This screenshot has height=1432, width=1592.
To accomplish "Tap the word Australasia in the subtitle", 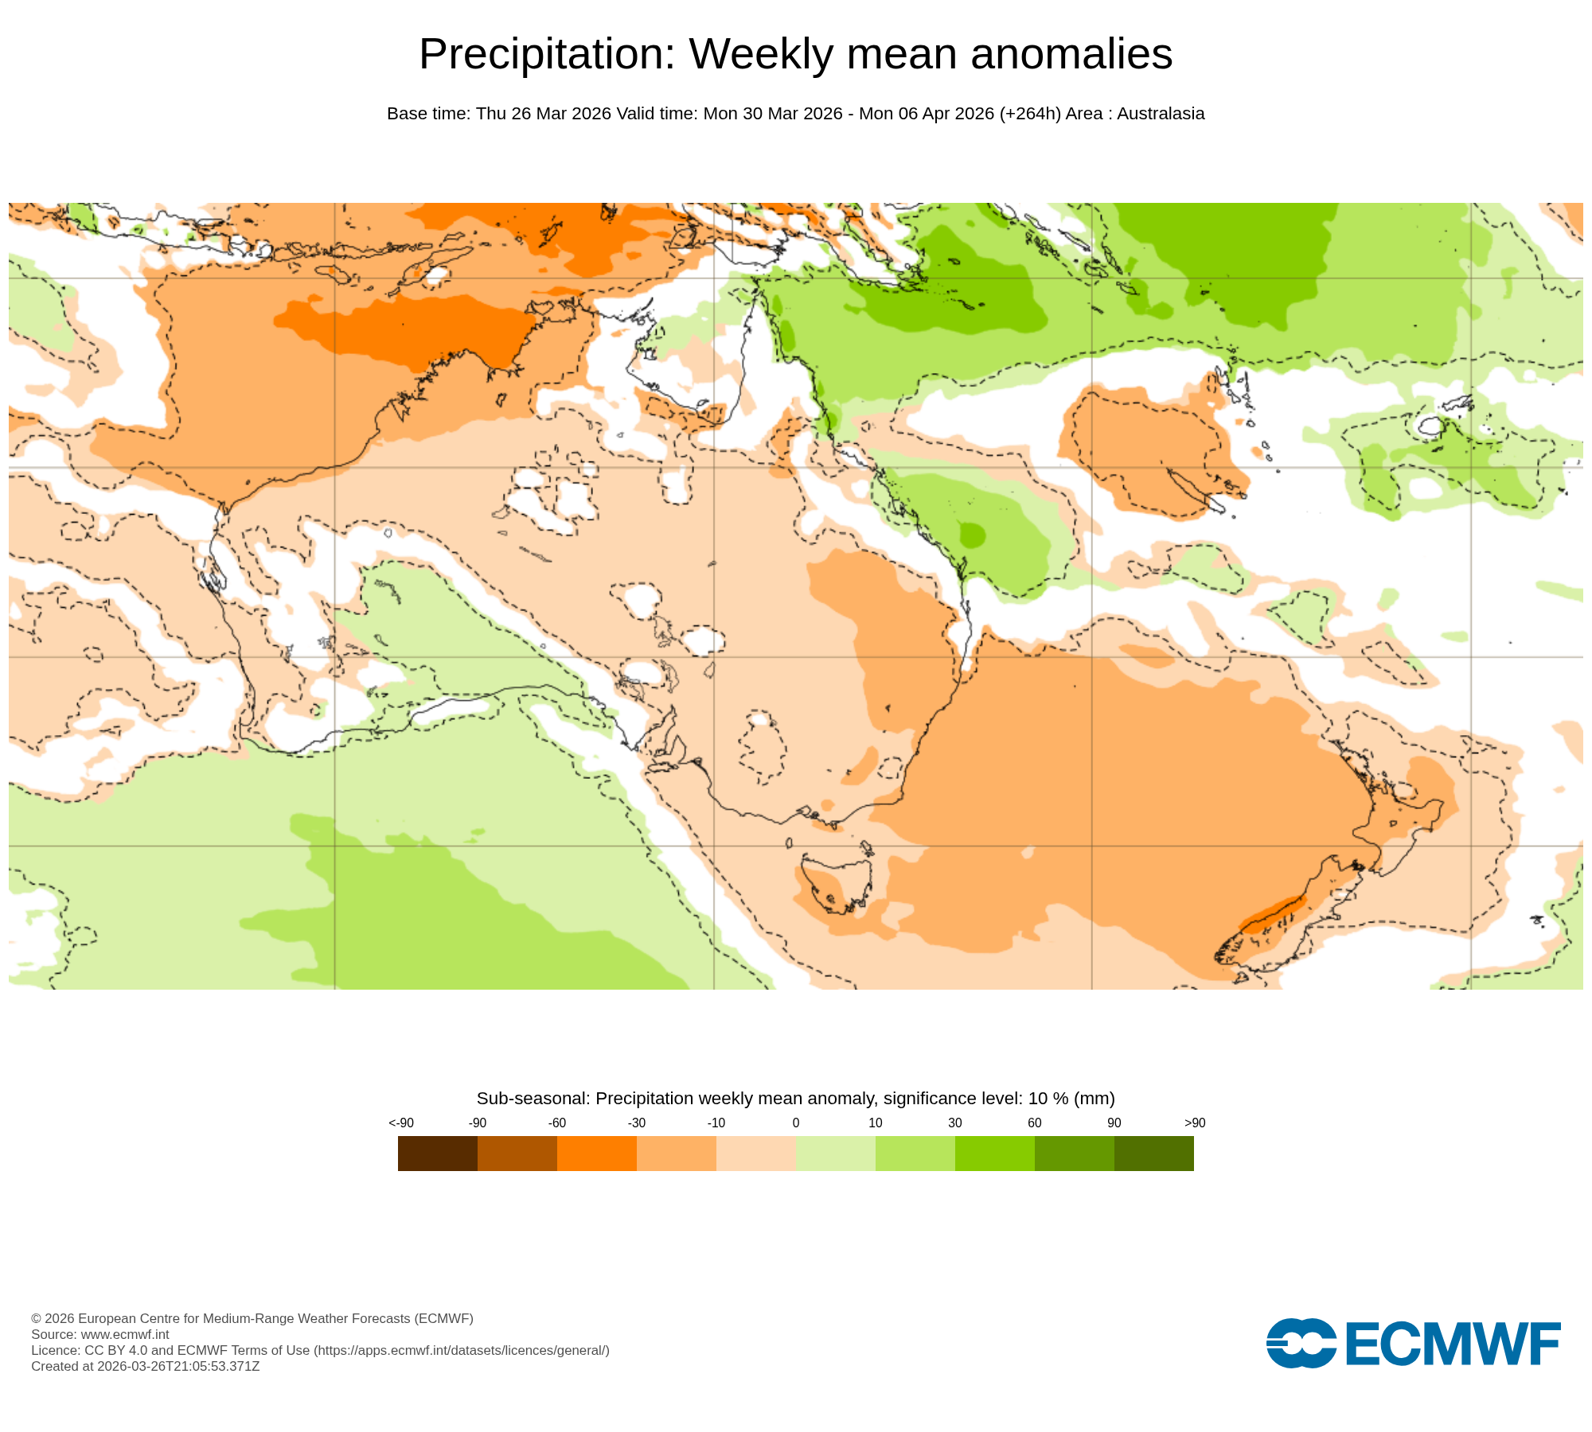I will (x=1161, y=114).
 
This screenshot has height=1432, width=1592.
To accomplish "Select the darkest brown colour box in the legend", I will (x=437, y=1153).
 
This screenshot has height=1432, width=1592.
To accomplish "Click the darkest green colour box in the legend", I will (x=1153, y=1153).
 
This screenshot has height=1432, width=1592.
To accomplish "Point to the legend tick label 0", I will (x=796, y=1123).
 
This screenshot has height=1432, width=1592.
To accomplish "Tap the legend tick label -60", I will (x=557, y=1123).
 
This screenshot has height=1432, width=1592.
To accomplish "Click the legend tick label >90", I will (x=1195, y=1123).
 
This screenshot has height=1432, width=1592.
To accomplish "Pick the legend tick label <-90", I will (x=401, y=1123).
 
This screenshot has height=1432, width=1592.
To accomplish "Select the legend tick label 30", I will (x=955, y=1123).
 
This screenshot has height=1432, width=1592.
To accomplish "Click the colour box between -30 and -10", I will (x=677, y=1153).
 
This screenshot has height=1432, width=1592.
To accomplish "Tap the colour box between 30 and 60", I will (x=995, y=1153).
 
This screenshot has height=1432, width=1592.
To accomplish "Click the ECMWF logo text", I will (x=1453, y=1344).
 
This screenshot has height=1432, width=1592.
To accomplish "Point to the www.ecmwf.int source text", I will (x=125, y=1334).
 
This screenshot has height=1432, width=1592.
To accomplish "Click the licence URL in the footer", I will (x=462, y=1350).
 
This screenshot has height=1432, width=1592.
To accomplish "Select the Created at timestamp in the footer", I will (x=146, y=1366).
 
